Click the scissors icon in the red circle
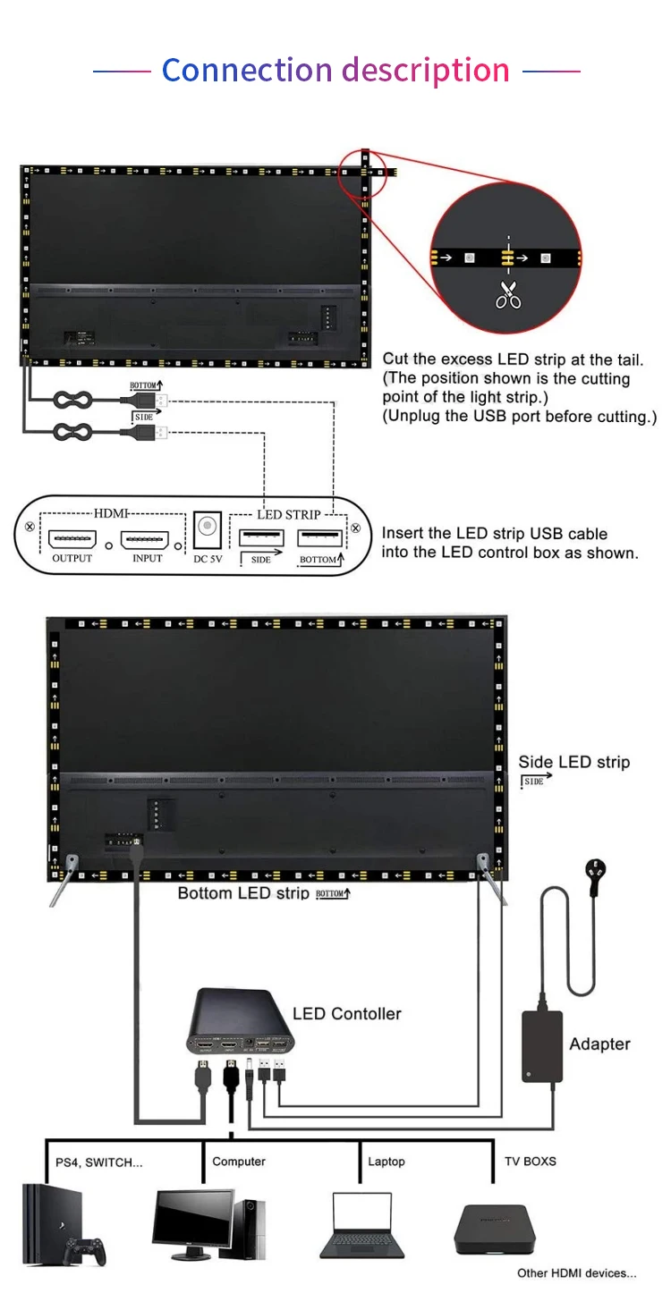[508, 293]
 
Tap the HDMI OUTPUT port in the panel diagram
[72, 540]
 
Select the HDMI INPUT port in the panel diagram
[145, 540]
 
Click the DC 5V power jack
[208, 528]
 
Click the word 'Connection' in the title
[247, 70]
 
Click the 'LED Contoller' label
[347, 1013]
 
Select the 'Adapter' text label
[599, 1044]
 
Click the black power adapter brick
[542, 1047]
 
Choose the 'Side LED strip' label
[573, 762]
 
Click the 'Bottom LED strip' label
[243, 893]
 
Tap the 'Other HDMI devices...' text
[576, 1273]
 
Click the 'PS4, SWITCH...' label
[99, 1162]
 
